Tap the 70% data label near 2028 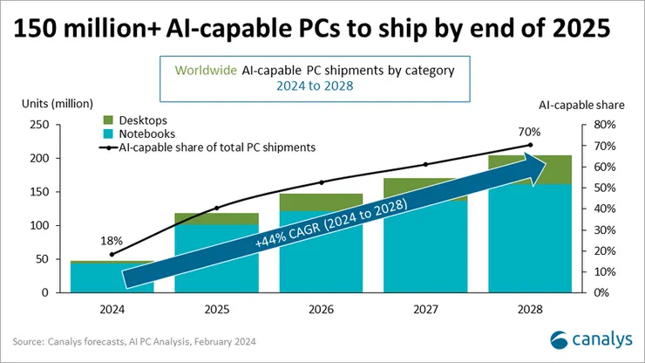point(532,132)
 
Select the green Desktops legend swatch point(108,120)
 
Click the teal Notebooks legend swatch point(108,134)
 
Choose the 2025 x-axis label point(218,310)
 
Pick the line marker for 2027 point(425,164)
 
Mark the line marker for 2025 point(217,208)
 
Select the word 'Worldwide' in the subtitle point(207,70)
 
